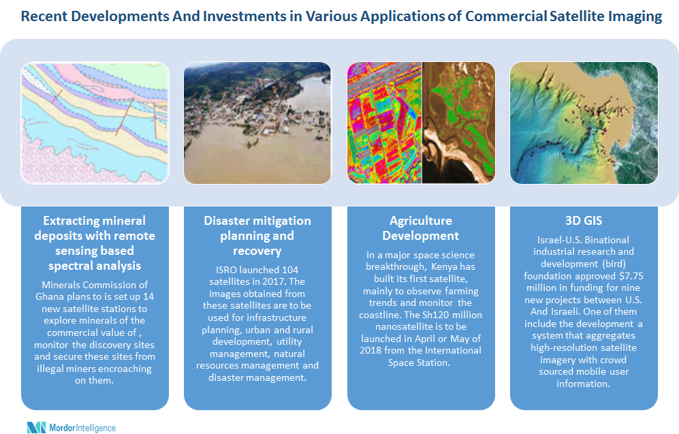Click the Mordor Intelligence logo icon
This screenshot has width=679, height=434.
36,427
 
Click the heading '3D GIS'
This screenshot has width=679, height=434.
583,221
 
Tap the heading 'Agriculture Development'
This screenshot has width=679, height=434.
420,228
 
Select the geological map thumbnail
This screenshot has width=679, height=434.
95,123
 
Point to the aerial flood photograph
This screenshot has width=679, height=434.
257,123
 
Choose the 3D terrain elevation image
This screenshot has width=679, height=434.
584,123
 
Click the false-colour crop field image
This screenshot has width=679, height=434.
385,123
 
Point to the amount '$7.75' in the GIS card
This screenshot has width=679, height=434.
631,276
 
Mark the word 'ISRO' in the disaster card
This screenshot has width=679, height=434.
226,270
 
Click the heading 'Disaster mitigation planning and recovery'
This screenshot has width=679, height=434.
257,236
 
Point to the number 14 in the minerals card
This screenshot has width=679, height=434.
148,296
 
